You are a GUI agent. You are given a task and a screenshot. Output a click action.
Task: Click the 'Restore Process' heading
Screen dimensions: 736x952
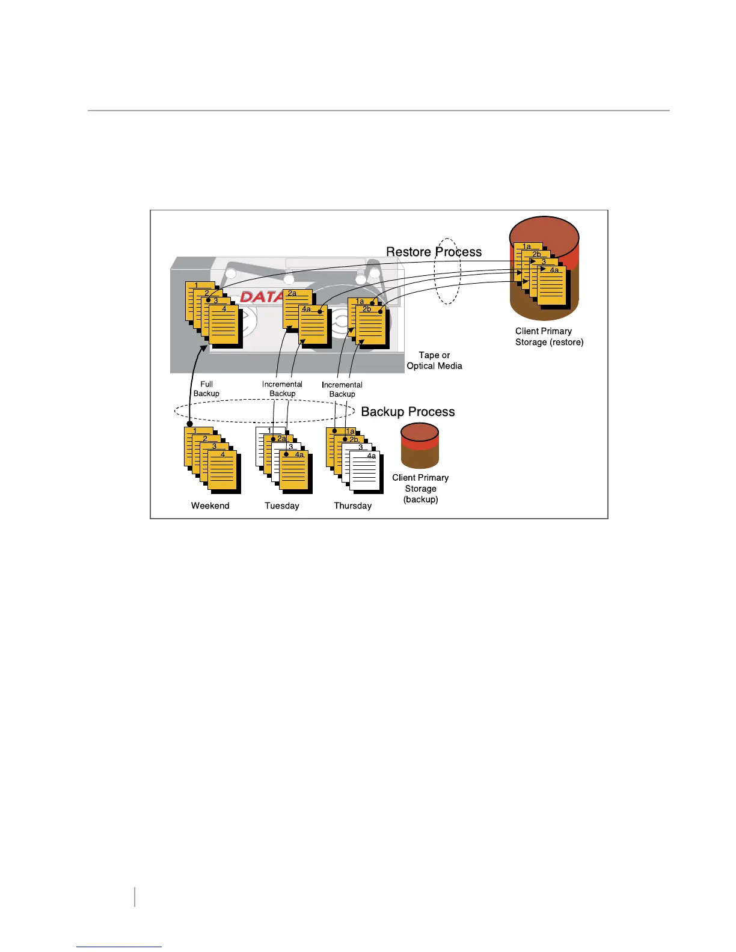click(x=434, y=252)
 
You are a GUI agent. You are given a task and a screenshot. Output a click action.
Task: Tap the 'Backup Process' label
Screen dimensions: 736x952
click(x=408, y=412)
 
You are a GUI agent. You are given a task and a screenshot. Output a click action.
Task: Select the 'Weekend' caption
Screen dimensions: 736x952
click(x=210, y=506)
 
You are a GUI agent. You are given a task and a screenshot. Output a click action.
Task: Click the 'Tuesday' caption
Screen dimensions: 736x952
click(x=281, y=506)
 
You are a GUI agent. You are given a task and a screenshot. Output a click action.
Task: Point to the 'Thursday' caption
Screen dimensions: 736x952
click(x=352, y=506)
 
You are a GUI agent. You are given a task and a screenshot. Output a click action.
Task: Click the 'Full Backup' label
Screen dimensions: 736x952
click(x=206, y=389)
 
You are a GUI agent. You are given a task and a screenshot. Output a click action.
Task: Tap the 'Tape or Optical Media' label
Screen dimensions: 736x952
click(x=434, y=361)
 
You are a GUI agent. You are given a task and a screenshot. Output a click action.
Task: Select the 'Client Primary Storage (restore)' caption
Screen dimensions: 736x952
click(x=549, y=337)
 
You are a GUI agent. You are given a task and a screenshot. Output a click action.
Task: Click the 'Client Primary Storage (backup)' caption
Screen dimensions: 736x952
click(x=420, y=488)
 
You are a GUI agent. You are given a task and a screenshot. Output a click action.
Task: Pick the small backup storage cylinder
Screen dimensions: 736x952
click(x=420, y=445)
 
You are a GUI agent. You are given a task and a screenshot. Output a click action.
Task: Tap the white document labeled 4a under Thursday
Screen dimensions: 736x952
click(x=365, y=472)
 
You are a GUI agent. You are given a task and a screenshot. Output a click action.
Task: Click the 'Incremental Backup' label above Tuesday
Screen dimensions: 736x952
click(x=282, y=389)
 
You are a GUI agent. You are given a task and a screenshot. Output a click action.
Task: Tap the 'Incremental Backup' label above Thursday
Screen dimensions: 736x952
click(x=342, y=389)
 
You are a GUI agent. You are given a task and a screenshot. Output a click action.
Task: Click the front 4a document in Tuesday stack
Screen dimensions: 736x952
click(x=294, y=471)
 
